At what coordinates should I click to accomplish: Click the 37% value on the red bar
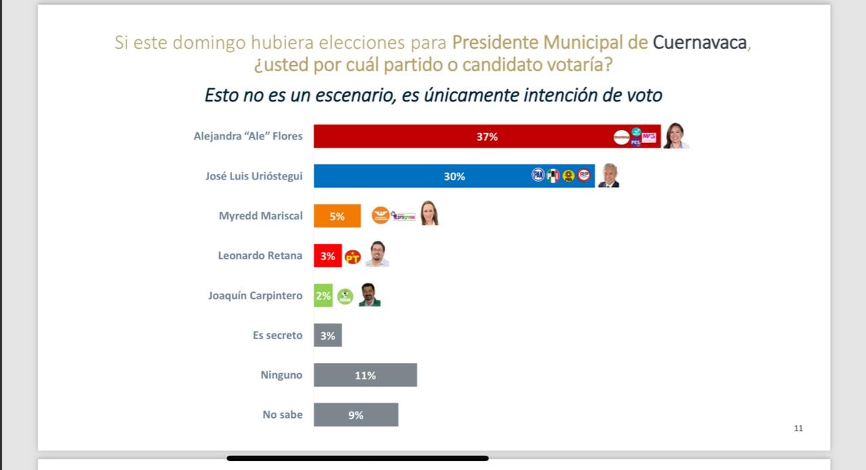487,137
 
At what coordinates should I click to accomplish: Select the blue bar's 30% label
454,177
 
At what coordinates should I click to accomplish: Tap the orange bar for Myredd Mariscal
337,217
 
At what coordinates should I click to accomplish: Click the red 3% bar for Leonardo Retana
327,256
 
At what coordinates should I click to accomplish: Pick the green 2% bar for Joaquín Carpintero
323,296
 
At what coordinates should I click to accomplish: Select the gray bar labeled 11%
365,375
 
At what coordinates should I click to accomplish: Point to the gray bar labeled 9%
356,415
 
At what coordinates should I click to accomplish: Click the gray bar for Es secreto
327,335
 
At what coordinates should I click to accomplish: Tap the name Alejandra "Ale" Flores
248,136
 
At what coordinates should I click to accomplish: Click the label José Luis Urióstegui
254,176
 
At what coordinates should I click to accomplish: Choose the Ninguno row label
281,375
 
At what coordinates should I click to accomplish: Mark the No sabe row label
283,414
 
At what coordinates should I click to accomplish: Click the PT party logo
352,257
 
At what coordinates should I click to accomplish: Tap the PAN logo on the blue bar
538,175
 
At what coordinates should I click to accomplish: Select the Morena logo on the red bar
621,137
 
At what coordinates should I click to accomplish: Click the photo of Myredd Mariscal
429,213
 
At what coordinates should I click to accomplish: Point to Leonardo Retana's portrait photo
378,254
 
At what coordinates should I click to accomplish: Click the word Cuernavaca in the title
700,43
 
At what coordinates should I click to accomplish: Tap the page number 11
798,428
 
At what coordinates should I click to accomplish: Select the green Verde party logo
345,296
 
